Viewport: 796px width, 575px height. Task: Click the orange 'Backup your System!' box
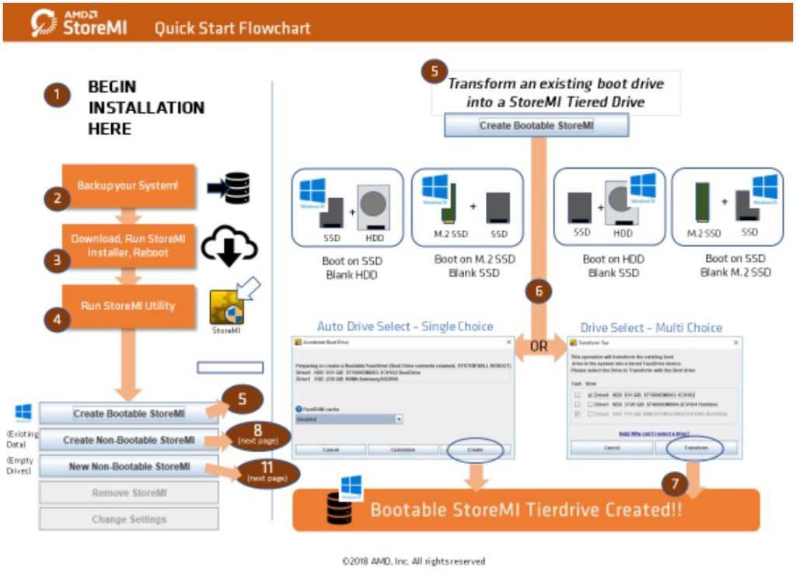tap(127, 186)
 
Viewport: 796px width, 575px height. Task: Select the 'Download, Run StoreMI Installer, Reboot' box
tap(127, 246)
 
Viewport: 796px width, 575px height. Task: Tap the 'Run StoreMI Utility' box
tap(127, 306)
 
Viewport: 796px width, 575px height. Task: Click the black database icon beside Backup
tap(236, 187)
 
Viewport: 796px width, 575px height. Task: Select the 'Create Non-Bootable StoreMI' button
tap(129, 440)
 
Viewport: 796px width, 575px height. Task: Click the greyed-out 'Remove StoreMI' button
tap(129, 493)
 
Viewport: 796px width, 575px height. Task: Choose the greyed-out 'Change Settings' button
tap(129, 519)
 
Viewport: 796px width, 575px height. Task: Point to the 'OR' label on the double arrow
tap(539, 344)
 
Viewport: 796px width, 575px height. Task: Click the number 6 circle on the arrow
tap(539, 292)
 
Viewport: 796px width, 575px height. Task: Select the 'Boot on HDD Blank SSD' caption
tap(613, 266)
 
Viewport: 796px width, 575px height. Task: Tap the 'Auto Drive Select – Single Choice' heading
tap(404, 326)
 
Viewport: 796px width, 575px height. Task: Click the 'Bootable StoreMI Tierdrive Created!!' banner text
tap(525, 510)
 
